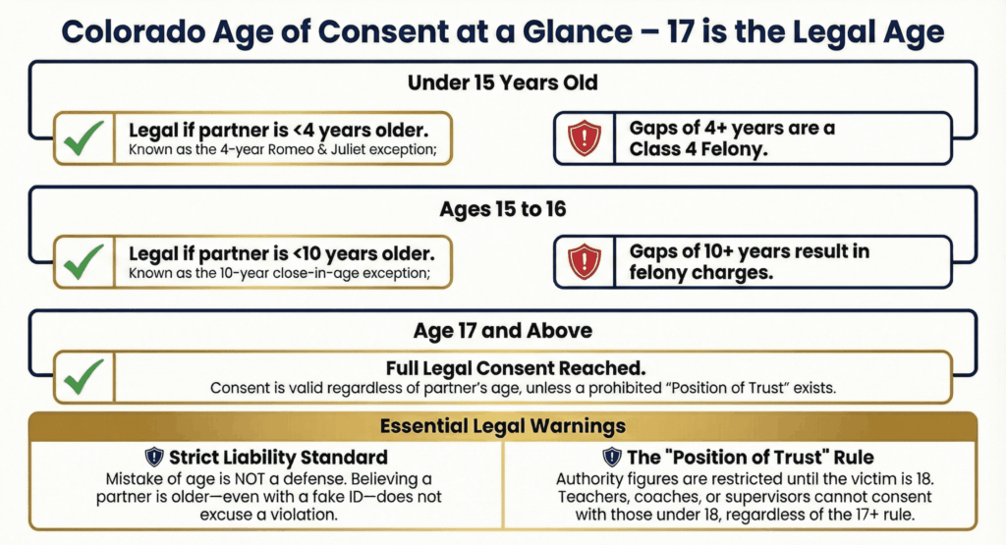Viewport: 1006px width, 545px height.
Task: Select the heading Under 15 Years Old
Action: click(503, 83)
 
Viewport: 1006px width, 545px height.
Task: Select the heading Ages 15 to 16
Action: click(503, 209)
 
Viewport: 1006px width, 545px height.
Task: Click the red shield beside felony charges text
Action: click(584, 261)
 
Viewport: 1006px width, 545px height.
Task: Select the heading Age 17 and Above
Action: click(503, 331)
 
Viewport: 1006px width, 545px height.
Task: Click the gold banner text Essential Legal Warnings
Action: click(503, 427)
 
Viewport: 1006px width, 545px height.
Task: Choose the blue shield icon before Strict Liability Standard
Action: click(154, 457)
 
